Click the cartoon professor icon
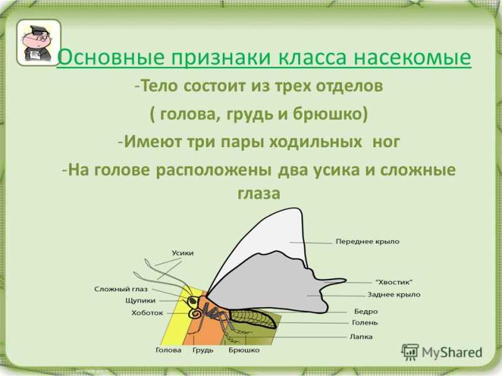[x=38, y=43]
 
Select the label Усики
[x=183, y=253]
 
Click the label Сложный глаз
[x=120, y=289]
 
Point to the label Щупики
[x=140, y=301]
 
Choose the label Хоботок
[x=147, y=313]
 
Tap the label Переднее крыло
[x=368, y=241]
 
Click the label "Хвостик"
[x=394, y=282]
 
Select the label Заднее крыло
[x=394, y=295]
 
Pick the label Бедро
[x=366, y=311]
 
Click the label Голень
[x=365, y=323]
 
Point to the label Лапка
[x=361, y=337]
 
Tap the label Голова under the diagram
[x=168, y=350]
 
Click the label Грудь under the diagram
[x=203, y=350]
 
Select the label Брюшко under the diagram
[x=244, y=350]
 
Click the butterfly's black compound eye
[x=193, y=301]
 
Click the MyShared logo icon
[x=410, y=352]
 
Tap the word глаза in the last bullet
[x=259, y=193]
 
